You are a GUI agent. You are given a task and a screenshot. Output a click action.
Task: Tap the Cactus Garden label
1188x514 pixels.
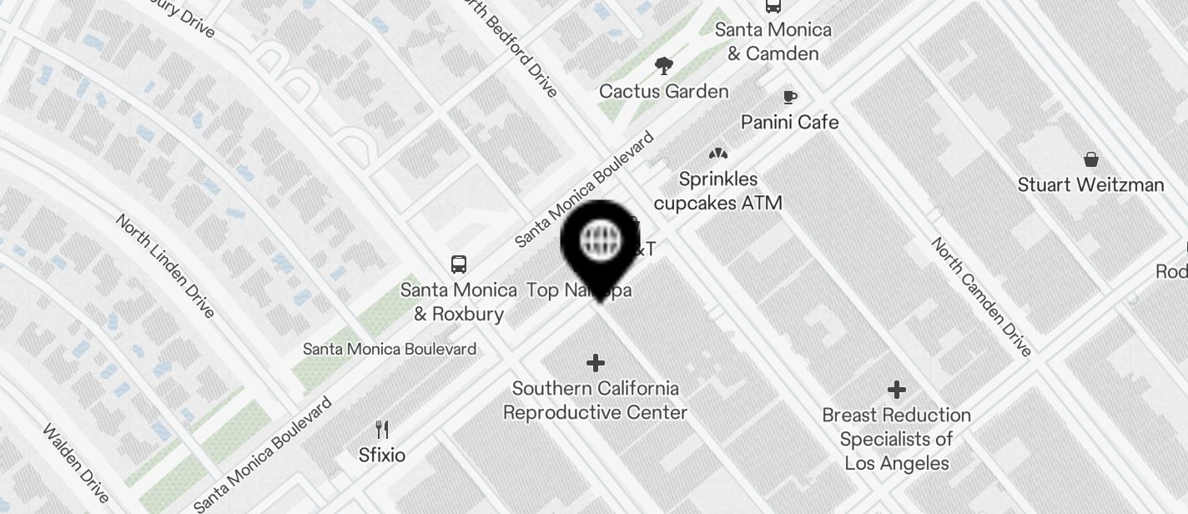663,91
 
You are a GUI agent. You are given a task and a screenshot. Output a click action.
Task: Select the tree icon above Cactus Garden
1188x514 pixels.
664,65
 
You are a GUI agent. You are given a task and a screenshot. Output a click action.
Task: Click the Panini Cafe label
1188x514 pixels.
789,122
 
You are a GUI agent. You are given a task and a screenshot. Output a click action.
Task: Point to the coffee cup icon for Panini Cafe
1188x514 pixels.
789,98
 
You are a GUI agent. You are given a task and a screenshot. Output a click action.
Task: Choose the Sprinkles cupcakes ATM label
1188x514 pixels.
717,191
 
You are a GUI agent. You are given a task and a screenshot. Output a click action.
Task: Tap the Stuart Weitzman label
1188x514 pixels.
1090,184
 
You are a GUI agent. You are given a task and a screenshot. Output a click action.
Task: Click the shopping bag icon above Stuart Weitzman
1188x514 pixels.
1090,159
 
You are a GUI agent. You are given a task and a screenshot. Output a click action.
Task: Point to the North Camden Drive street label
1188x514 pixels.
981,296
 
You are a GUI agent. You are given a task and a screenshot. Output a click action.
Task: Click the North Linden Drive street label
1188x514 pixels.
165,265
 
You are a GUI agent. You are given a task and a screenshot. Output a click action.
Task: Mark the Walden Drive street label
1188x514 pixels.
76,464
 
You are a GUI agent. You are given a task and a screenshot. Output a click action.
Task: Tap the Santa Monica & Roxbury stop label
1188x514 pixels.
458,302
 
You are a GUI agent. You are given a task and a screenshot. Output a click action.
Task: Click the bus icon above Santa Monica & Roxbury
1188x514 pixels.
458,265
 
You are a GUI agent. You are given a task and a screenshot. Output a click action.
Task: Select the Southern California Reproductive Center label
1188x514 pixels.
595,401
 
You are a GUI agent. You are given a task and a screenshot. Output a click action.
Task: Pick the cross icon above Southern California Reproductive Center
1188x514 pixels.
595,363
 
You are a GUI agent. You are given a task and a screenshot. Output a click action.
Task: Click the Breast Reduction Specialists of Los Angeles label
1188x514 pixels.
896,439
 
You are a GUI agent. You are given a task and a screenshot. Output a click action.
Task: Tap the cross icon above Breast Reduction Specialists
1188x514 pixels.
897,390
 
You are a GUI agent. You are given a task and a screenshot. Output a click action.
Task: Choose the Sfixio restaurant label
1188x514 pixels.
382,455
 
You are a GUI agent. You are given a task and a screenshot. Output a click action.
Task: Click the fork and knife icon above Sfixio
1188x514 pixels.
382,430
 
